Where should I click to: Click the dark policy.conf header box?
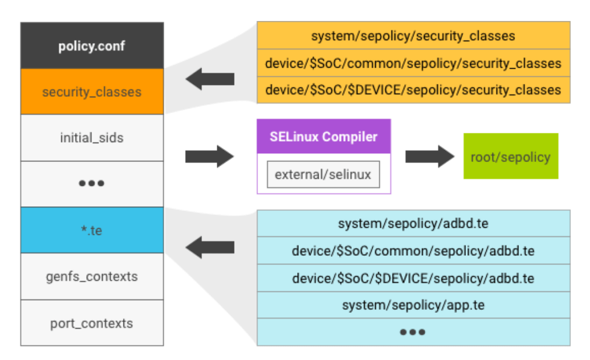[x=92, y=46]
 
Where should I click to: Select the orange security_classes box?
[x=92, y=92]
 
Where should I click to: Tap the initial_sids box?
[x=92, y=138]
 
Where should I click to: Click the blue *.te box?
[x=92, y=230]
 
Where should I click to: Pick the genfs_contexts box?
[x=92, y=276]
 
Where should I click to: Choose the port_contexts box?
[x=92, y=323]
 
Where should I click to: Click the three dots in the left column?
[x=92, y=183]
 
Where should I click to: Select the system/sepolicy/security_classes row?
[x=413, y=36]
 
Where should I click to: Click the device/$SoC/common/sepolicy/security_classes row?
[x=413, y=63]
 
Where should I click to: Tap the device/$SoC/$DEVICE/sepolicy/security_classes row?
[x=413, y=90]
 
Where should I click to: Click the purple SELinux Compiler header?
[x=324, y=137]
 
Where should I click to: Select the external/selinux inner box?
[x=323, y=174]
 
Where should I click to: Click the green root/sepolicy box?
[x=511, y=156]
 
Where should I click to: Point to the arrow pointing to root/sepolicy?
[x=430, y=156]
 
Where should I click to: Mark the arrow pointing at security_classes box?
[x=209, y=79]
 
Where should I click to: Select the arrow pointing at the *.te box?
[x=209, y=247]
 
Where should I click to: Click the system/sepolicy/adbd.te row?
[x=413, y=224]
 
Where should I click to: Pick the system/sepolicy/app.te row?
[x=413, y=305]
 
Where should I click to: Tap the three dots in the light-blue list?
[x=413, y=332]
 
